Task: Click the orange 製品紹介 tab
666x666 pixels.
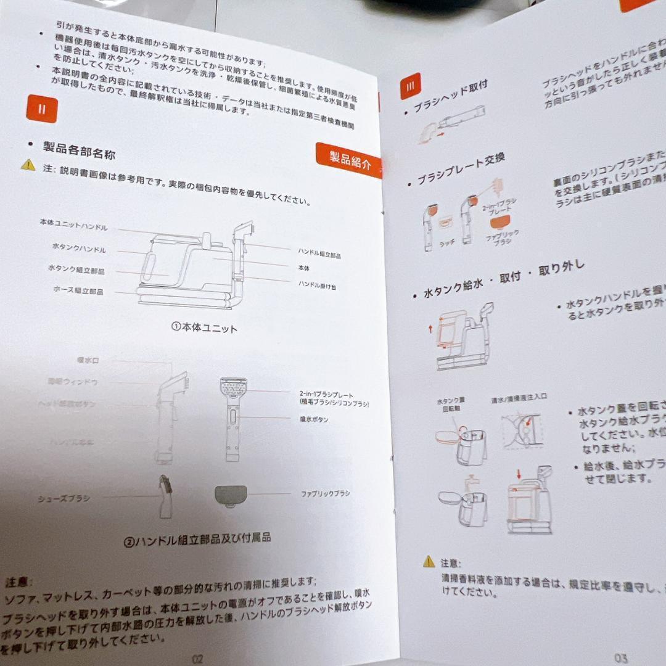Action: point(349,161)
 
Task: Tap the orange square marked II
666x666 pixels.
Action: point(42,109)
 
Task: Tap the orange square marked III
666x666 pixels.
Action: point(410,86)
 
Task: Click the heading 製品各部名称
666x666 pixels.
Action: point(79,150)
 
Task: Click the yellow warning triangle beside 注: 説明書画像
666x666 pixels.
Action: point(28,165)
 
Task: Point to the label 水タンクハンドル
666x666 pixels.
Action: point(78,249)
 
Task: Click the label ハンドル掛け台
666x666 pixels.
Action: point(317,286)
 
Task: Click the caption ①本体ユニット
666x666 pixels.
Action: point(203,328)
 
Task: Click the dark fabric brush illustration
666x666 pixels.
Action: point(231,495)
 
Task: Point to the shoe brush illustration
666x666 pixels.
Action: point(165,496)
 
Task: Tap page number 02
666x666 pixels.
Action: point(197,658)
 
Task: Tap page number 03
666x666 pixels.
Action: point(620,658)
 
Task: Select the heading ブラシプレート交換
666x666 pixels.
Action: point(461,170)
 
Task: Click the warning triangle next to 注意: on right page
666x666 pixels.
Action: point(429,561)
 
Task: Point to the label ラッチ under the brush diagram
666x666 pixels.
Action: point(446,243)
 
